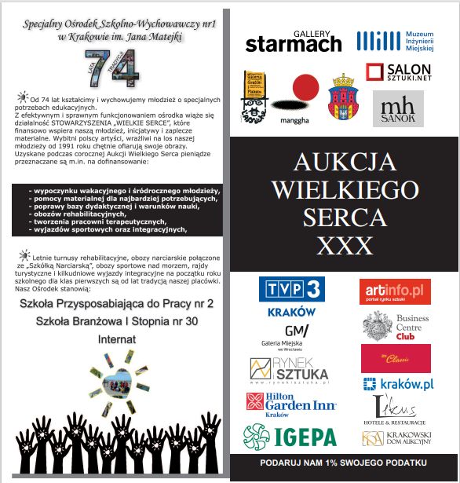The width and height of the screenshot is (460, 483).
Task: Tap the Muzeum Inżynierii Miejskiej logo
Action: click(x=395, y=40)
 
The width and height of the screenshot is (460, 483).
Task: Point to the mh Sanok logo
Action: click(x=398, y=108)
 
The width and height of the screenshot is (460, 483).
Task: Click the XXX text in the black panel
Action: click(x=343, y=246)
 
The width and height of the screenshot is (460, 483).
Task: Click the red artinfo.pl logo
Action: click(x=395, y=291)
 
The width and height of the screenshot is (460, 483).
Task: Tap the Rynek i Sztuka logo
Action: click(x=289, y=368)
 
